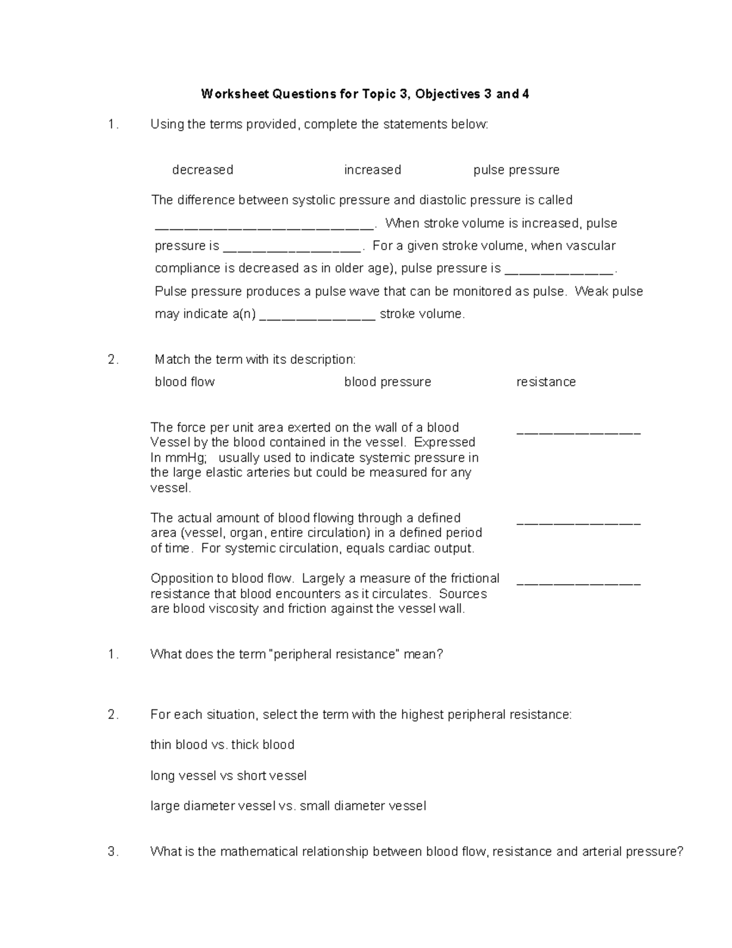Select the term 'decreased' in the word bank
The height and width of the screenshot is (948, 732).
(203, 170)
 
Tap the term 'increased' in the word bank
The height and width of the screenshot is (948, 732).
(372, 170)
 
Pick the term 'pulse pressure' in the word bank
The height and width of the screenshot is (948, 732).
(516, 170)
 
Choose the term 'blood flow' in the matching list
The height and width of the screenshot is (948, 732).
(185, 382)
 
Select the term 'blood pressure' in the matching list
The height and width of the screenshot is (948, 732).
(387, 382)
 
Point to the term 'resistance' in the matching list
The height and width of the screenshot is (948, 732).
(546, 382)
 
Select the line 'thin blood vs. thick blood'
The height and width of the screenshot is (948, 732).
(222, 745)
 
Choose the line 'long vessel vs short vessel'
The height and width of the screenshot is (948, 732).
(228, 776)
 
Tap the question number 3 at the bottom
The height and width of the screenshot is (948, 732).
(112, 852)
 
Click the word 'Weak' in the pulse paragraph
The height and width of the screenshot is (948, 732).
(592, 291)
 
